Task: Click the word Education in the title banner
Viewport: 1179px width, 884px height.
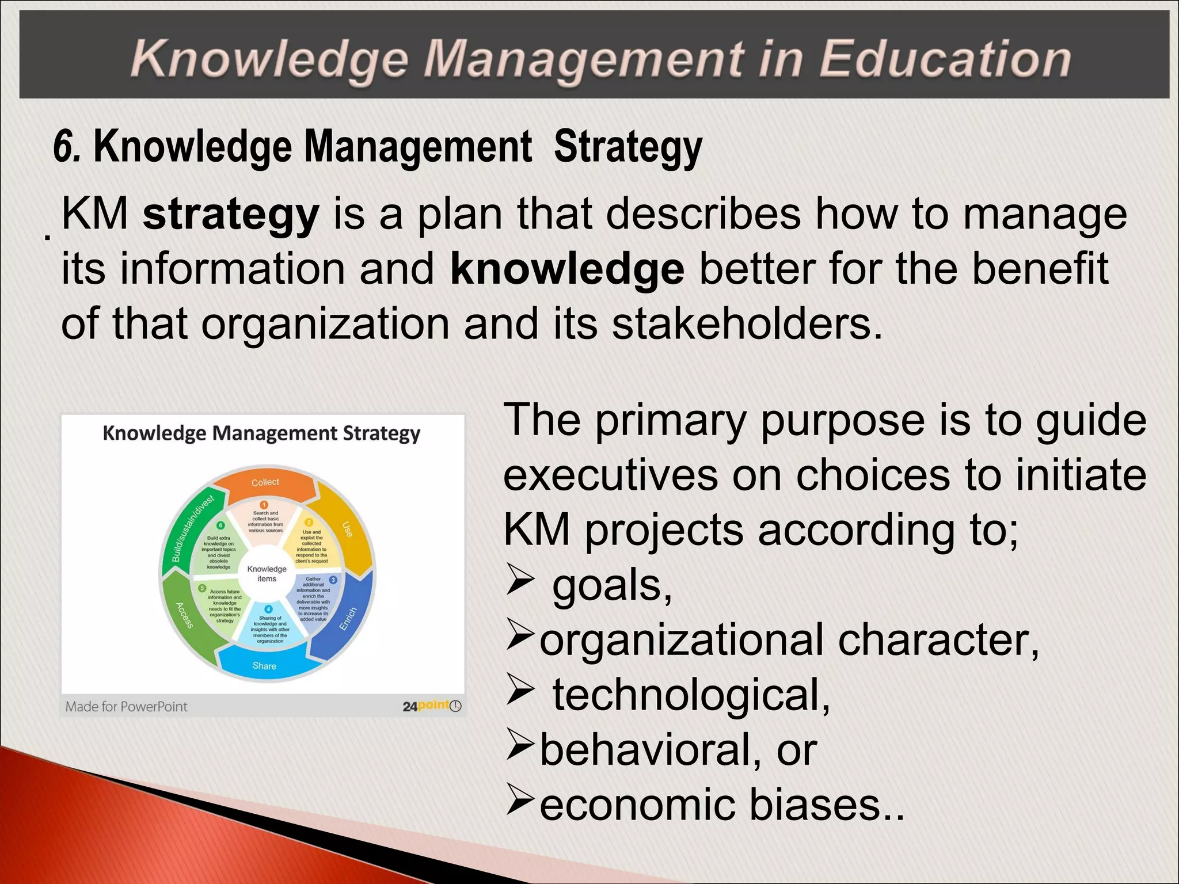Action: coord(944,59)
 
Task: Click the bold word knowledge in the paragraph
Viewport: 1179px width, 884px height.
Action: coord(567,269)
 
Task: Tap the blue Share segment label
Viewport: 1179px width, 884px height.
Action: coord(264,666)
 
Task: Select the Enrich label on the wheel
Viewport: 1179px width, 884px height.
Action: coord(348,619)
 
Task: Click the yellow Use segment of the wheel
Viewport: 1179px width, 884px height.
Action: coord(347,529)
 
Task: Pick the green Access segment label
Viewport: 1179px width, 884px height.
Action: coord(184,615)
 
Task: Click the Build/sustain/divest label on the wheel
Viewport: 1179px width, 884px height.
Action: coord(193,528)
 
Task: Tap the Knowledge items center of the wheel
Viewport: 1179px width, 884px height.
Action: coord(267,574)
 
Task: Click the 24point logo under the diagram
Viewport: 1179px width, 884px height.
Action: coord(432,706)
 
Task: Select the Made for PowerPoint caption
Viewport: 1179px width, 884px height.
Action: coord(126,707)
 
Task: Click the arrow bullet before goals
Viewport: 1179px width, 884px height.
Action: coord(520,583)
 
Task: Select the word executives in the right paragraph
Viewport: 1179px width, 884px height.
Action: coord(610,475)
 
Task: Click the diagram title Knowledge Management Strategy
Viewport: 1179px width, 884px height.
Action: coord(261,433)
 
